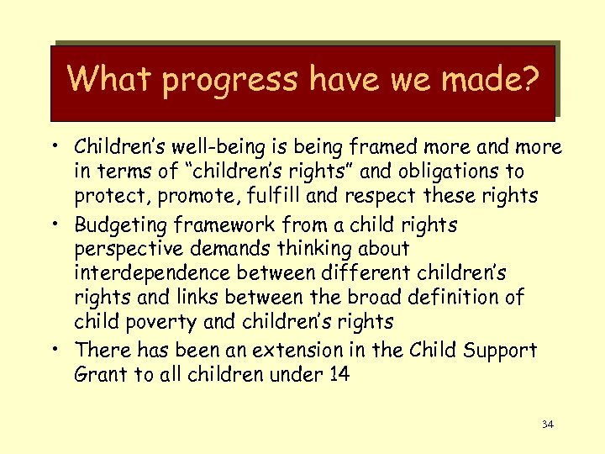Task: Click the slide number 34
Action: (547, 425)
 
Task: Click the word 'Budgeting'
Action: (121, 226)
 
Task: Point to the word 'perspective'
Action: (126, 250)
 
